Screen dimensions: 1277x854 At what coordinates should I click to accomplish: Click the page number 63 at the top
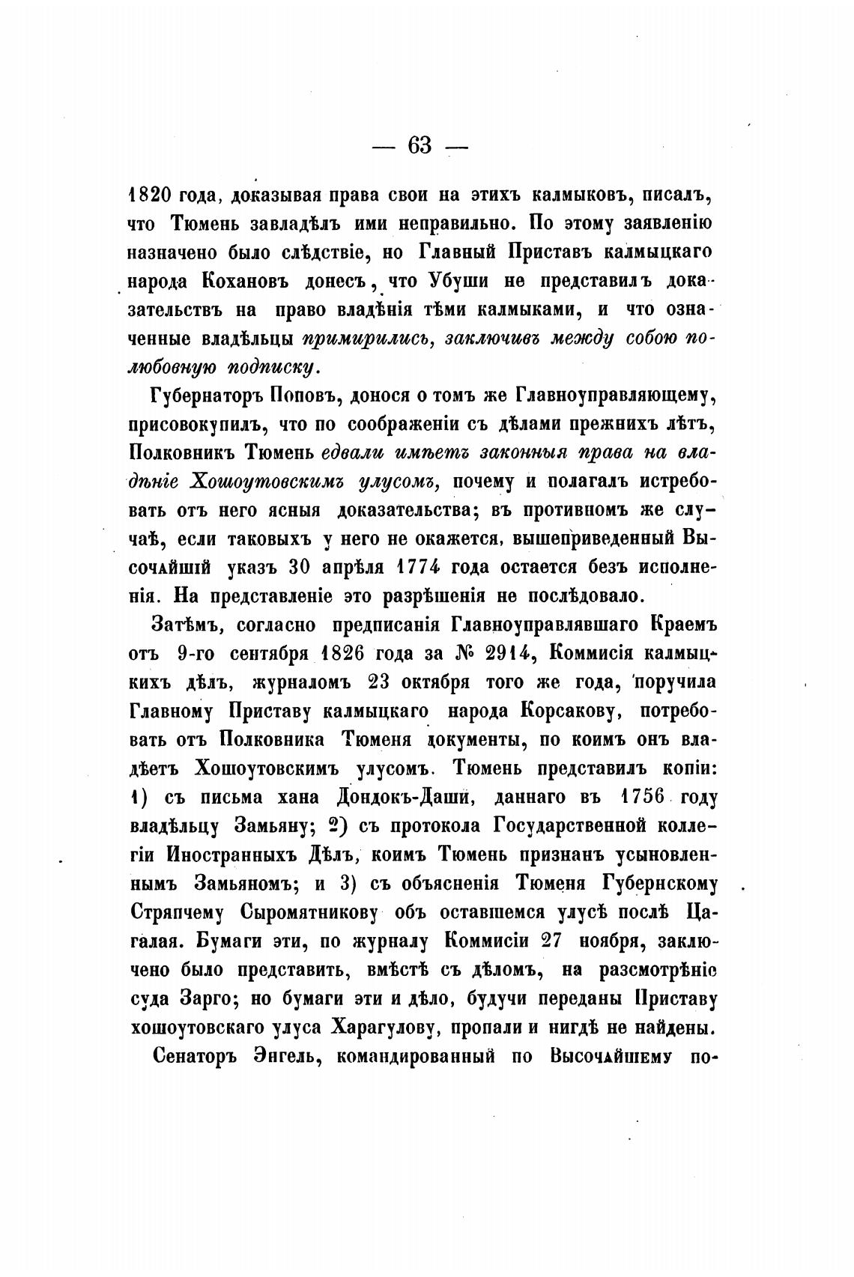click(420, 145)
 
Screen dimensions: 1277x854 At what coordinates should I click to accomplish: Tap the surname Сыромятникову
click(314, 912)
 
